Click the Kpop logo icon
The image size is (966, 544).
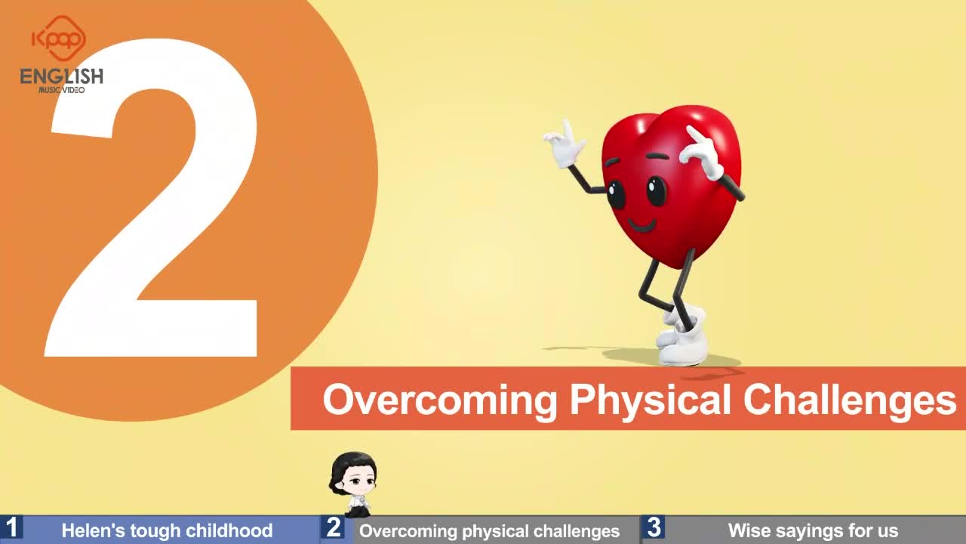pos(59,38)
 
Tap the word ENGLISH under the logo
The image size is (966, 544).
pos(62,76)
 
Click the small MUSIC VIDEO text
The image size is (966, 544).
pos(62,90)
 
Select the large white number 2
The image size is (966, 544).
pos(152,198)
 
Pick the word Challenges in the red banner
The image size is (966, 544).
pos(850,399)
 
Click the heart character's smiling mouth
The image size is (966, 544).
pos(641,225)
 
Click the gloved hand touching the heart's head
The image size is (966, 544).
pos(702,153)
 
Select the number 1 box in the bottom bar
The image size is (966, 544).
pos(11,527)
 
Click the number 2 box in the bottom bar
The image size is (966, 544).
pos(333,527)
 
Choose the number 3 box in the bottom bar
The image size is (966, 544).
pos(654,527)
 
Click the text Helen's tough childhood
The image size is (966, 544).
pos(167,530)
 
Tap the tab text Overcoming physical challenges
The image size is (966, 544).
pos(490,531)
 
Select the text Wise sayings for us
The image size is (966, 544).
pos(813,530)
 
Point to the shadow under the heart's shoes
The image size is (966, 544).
pos(672,357)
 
